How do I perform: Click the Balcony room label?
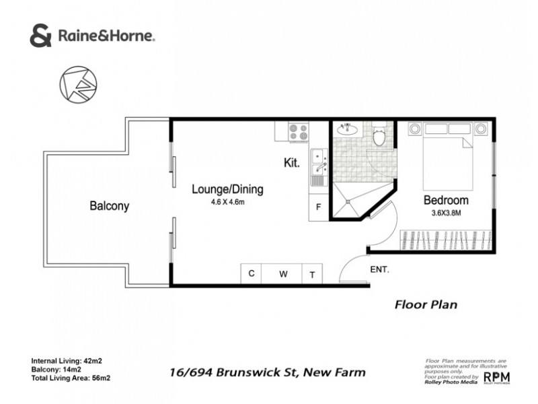click(109, 206)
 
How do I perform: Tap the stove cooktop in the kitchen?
click(297, 131)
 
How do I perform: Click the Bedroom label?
click(445, 201)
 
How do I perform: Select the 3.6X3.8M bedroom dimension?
click(445, 214)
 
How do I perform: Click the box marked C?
click(251, 274)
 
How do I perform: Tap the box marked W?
click(284, 274)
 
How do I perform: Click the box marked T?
click(312, 274)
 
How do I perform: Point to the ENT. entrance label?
click(380, 271)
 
